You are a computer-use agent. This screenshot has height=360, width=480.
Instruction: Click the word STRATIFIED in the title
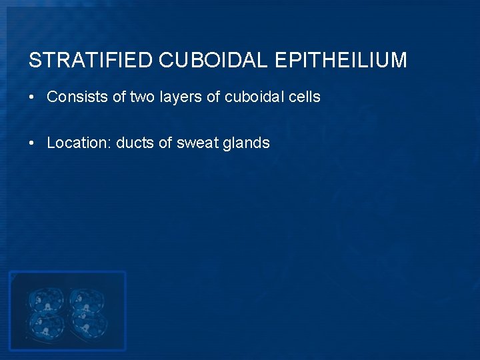[91, 61]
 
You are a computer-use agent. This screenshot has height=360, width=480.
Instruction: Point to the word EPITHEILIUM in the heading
[341, 61]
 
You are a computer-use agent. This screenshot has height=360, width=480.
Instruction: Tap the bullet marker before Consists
[32, 97]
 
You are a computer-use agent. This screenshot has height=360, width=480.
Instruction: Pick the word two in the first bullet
[141, 97]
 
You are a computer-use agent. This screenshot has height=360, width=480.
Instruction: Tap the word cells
[305, 97]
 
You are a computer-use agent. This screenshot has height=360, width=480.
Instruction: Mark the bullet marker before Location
[32, 143]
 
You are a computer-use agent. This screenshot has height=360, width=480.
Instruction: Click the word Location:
[79, 143]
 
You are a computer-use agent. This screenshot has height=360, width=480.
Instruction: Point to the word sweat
[199, 143]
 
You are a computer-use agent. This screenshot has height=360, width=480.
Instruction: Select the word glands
[247, 143]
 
